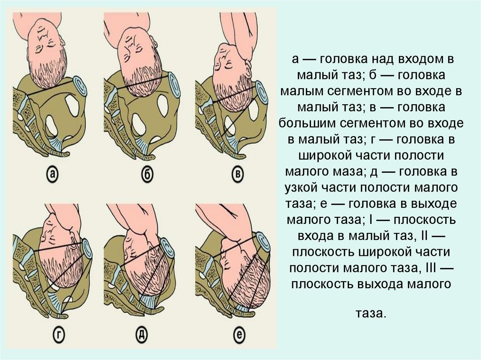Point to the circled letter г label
(59, 336)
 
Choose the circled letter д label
(141, 336)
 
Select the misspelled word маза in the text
(349, 171)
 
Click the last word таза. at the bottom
(370, 314)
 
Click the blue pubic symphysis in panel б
(173, 85)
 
